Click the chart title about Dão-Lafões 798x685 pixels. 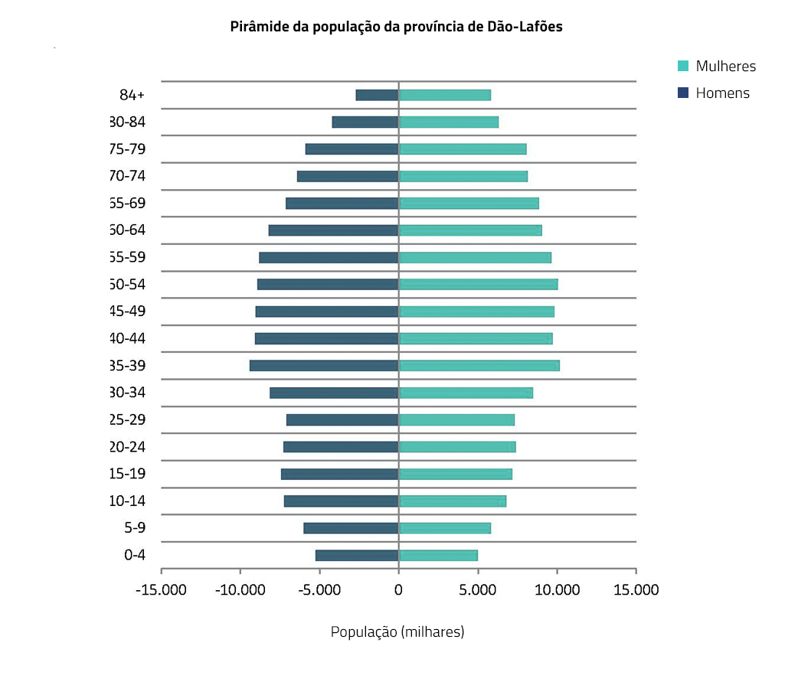pos(397,27)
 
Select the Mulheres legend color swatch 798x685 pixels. pos(683,66)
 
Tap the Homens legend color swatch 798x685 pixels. pos(683,93)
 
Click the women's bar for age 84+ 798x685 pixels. pos(444,95)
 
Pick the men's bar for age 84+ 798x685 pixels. pos(377,95)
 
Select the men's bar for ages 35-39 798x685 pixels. pos(324,366)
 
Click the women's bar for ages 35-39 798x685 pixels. pos(479,366)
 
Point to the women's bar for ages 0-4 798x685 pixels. pos(438,556)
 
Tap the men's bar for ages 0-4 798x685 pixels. pos(357,556)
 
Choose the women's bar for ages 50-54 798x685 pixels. pos(478,285)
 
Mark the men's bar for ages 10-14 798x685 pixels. pos(341,501)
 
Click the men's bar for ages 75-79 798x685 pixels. pos(352,149)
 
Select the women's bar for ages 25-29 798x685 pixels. pos(456,420)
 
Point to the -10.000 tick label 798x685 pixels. pos(240,590)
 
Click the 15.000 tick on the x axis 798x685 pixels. pos(636,590)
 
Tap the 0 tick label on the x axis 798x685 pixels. pos(398,590)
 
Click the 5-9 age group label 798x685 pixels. pos(134,528)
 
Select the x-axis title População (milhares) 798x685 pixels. pos(397,632)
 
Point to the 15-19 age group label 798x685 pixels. pos(128,474)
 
